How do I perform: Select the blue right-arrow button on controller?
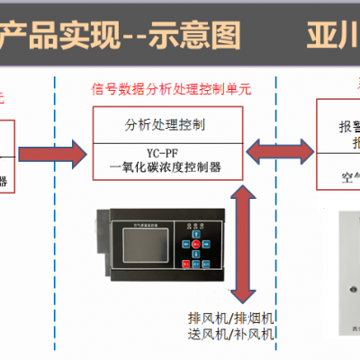206,243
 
